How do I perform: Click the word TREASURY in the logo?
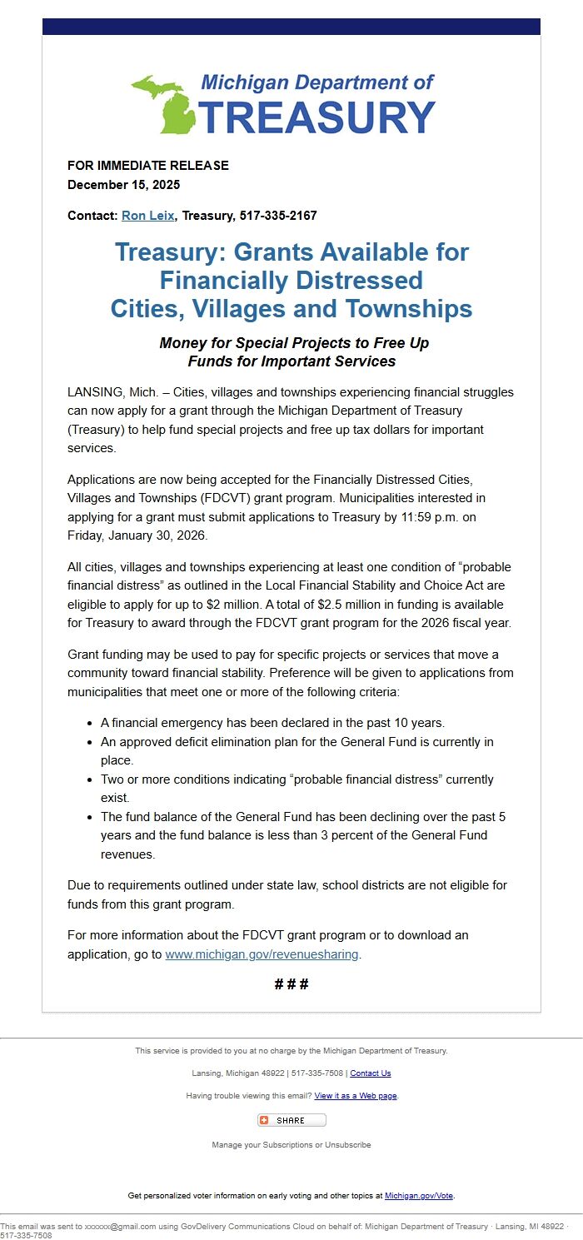point(316,117)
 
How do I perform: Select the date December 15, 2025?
point(123,185)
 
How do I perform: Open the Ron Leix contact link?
point(147,216)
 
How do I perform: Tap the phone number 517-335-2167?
point(278,216)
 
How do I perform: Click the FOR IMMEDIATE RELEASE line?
point(147,166)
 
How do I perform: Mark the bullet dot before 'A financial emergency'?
point(90,723)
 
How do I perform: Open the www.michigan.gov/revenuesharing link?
point(262,954)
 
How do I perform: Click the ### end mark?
point(291,984)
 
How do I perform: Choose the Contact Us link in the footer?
point(370,1073)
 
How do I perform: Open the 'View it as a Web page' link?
point(356,1096)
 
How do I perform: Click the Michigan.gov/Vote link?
point(419,1196)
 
